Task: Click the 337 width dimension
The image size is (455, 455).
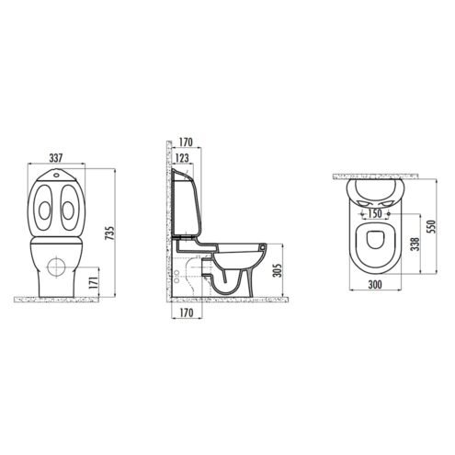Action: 56,158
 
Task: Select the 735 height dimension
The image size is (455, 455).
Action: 110,233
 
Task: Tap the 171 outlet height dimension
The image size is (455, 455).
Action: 95,282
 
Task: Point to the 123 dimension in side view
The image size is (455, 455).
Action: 182,158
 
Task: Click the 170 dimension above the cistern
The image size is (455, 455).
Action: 186,142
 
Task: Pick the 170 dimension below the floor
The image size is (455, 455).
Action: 187,313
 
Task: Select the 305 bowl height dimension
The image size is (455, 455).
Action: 278,270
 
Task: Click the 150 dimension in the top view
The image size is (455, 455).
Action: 375,213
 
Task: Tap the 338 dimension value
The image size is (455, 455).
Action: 415,244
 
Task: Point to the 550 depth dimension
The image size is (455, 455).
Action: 431,226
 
